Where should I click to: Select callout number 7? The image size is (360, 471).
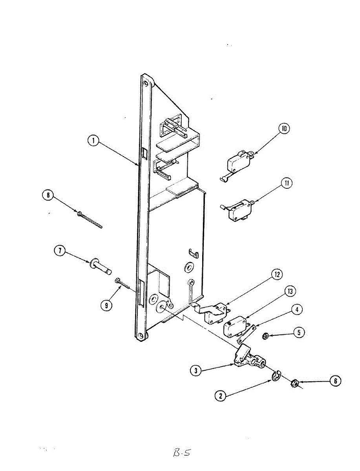coord(60,251)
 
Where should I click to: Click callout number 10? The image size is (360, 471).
coord(284,129)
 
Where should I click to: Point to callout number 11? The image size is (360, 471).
coord(287,183)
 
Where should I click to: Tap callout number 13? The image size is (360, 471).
coord(291,292)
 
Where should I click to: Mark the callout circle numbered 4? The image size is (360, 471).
coord(297,310)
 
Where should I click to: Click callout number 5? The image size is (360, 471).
coord(299,332)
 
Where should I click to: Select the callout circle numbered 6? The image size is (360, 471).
coord(335,380)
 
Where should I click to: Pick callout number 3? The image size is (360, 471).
coord(196,370)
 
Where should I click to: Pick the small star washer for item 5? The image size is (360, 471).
coord(265,336)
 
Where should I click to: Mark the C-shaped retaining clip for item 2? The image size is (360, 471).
coord(276,376)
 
